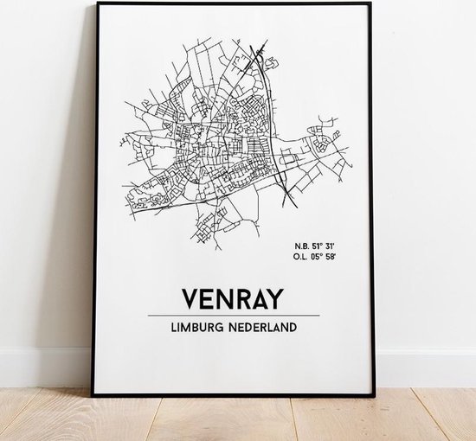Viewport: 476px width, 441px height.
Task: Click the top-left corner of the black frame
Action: [x=94, y=3]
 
